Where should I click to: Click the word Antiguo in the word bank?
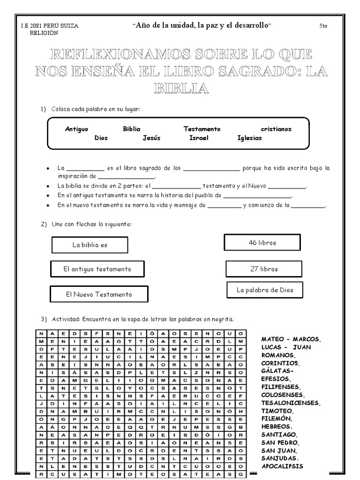click(x=76, y=129)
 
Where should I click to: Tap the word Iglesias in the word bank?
click(x=249, y=138)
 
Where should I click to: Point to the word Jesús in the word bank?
click(x=151, y=138)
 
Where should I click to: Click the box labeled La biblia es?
click(x=90, y=245)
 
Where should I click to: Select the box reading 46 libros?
click(x=262, y=243)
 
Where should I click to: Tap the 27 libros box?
click(x=264, y=269)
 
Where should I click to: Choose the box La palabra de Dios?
click(x=265, y=290)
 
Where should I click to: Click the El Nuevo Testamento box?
click(x=99, y=294)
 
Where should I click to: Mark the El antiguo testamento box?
click(x=97, y=269)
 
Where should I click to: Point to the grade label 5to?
click(x=323, y=26)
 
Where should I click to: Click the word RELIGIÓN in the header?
click(x=44, y=33)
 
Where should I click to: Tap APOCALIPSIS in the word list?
click(x=282, y=466)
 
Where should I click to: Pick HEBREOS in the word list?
click(x=277, y=427)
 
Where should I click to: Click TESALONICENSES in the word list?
click(x=291, y=403)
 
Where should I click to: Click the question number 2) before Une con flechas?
click(x=44, y=225)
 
